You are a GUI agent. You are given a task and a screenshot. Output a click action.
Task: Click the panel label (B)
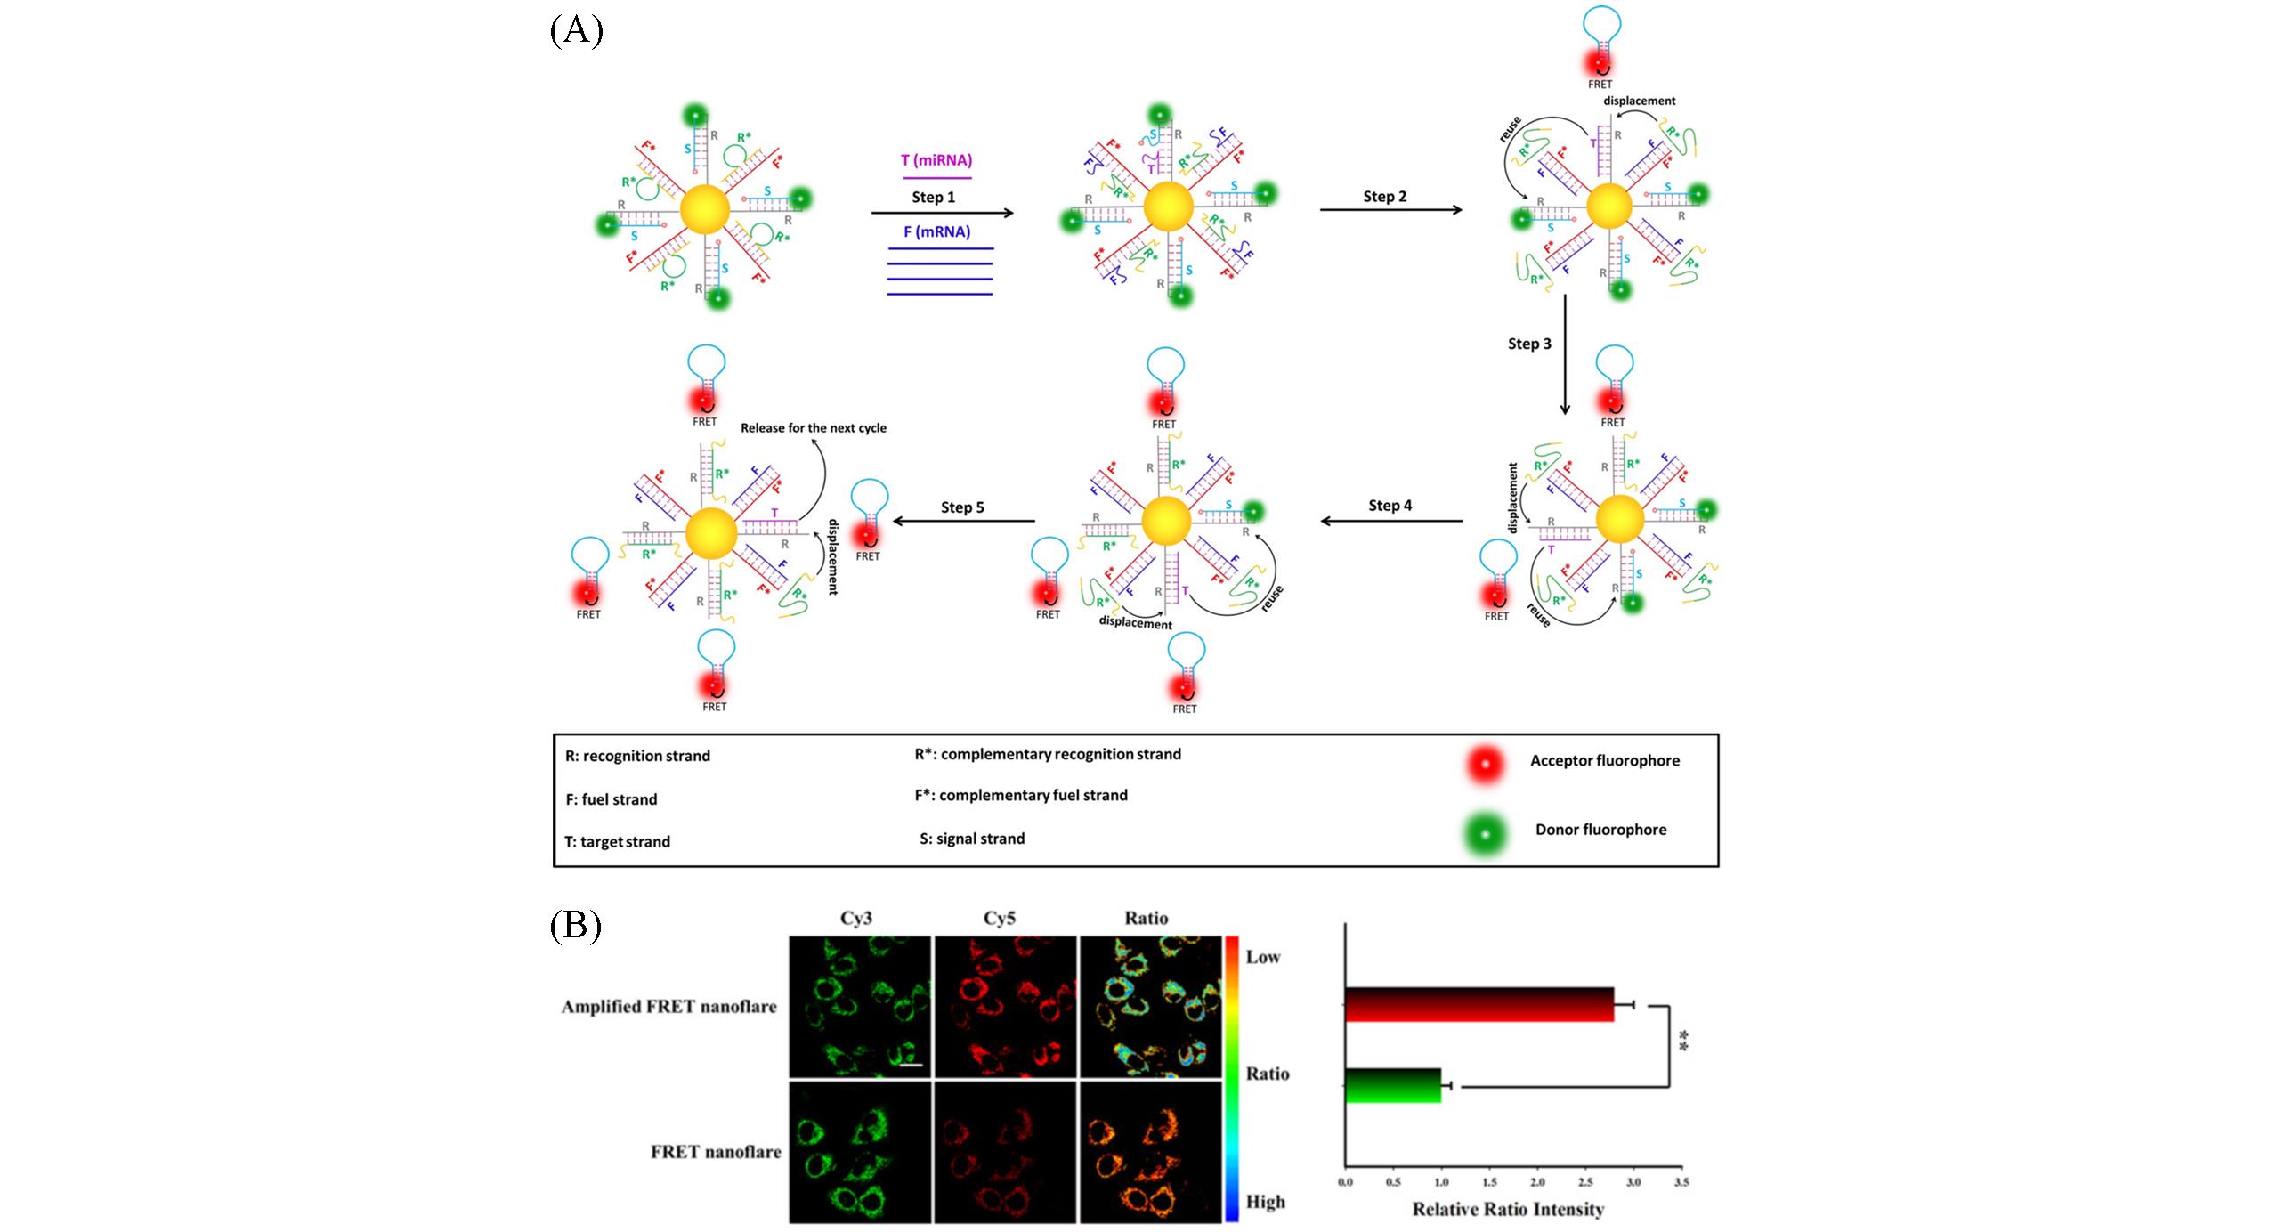pyautogui.click(x=575, y=926)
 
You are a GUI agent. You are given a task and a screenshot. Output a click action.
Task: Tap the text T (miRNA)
pyautogui.click(x=936, y=160)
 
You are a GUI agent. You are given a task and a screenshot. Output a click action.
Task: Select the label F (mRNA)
pyautogui.click(x=936, y=231)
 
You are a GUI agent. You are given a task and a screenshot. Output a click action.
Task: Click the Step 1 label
pyautogui.click(x=933, y=197)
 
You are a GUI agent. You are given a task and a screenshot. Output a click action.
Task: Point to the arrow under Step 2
pyautogui.click(x=1390, y=210)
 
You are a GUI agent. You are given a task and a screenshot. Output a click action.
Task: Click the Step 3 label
pyautogui.click(x=1529, y=344)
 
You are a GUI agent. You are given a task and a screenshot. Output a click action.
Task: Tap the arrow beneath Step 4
pyautogui.click(x=1390, y=521)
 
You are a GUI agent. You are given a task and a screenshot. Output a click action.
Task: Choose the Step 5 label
pyautogui.click(x=962, y=507)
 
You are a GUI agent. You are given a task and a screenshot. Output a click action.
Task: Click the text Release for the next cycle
pyautogui.click(x=814, y=427)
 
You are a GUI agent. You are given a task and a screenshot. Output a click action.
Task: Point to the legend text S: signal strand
pyautogui.click(x=972, y=839)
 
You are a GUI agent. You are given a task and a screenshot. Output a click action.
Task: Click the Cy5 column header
pyautogui.click(x=999, y=919)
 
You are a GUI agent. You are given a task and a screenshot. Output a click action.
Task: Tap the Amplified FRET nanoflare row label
pyautogui.click(x=668, y=1007)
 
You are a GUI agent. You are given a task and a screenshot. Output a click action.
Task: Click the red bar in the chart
pyautogui.click(x=1479, y=1004)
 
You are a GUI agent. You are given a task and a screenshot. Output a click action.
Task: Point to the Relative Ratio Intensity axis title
pyautogui.click(x=1508, y=1209)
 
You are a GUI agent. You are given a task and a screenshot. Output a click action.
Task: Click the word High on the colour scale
pyautogui.click(x=1265, y=1202)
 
